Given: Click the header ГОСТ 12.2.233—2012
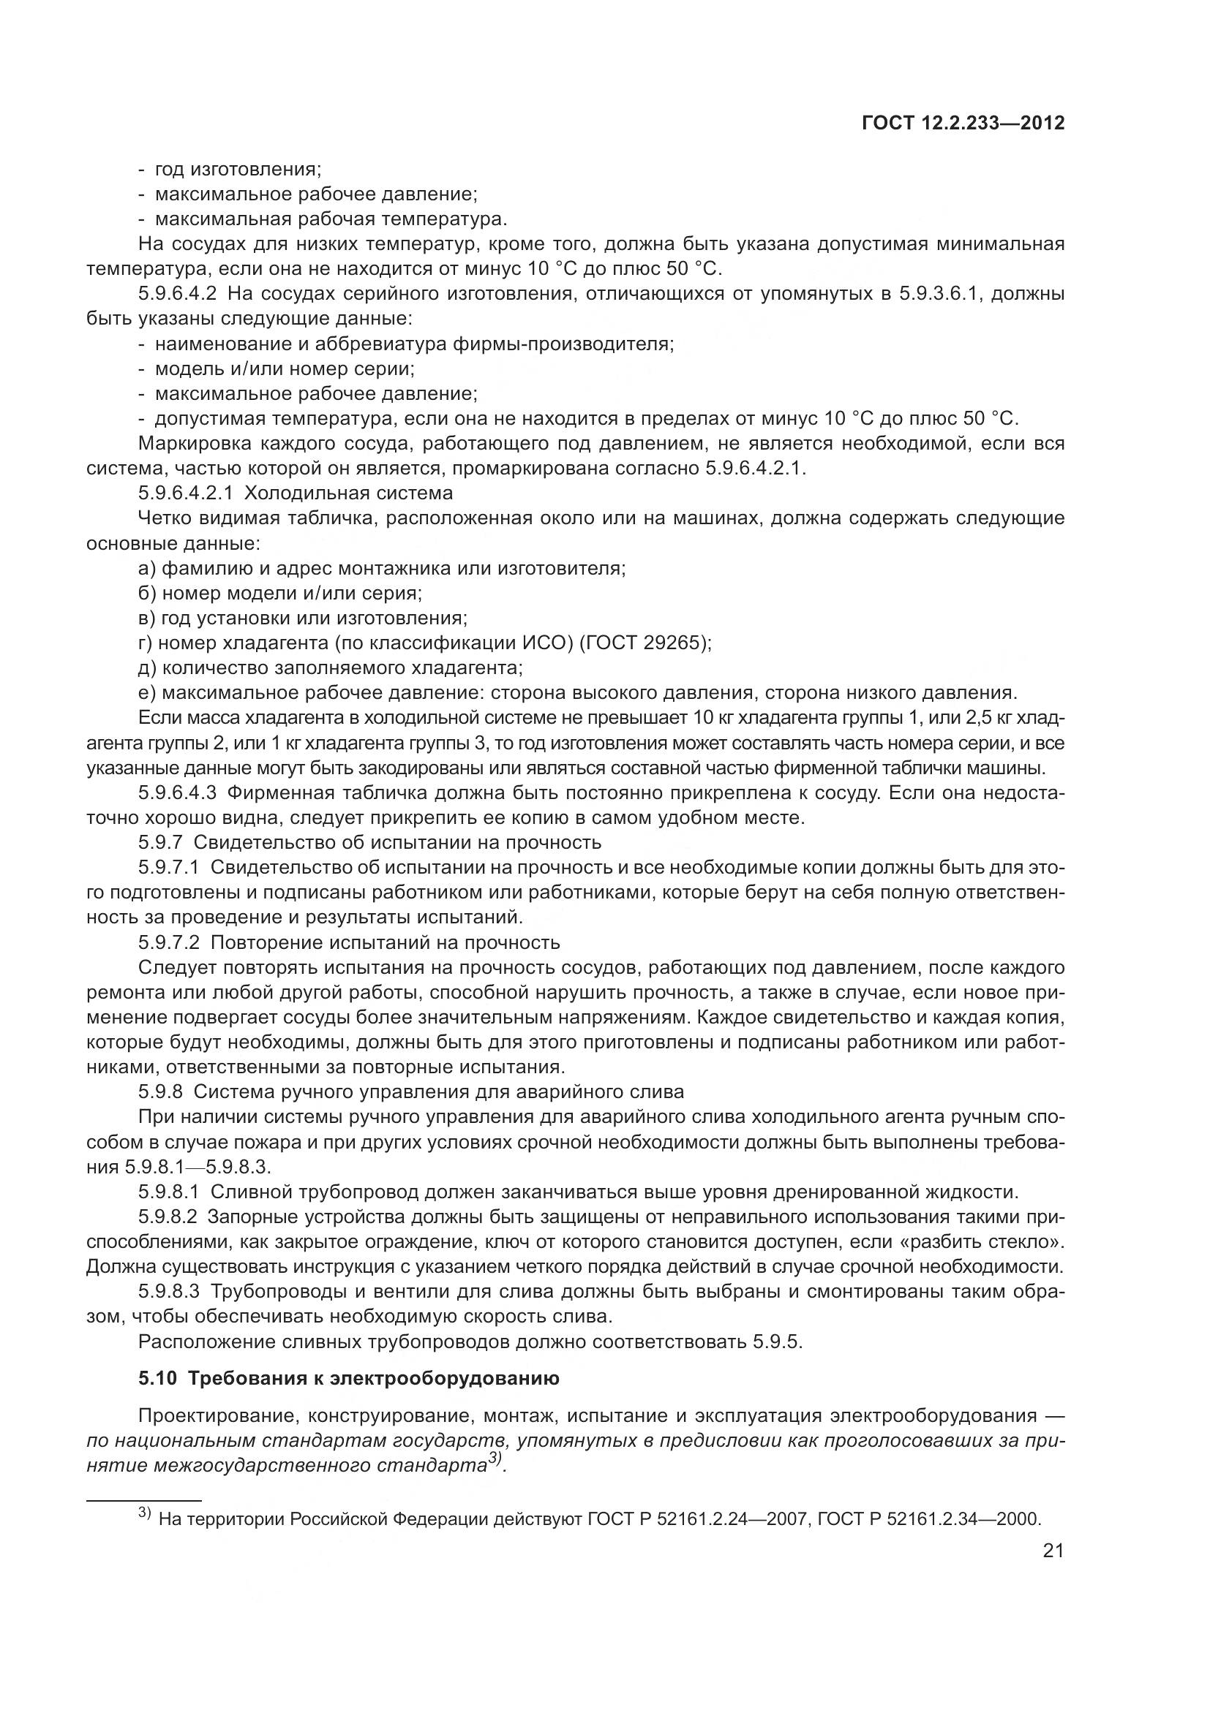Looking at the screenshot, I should click(963, 123).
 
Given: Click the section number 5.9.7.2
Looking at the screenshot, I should click(168, 942).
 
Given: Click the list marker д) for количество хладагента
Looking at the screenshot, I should click(146, 667).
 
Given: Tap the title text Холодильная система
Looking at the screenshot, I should click(348, 493).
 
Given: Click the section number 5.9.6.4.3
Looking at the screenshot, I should click(176, 792).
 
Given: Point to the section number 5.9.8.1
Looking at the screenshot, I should click(168, 1192).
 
